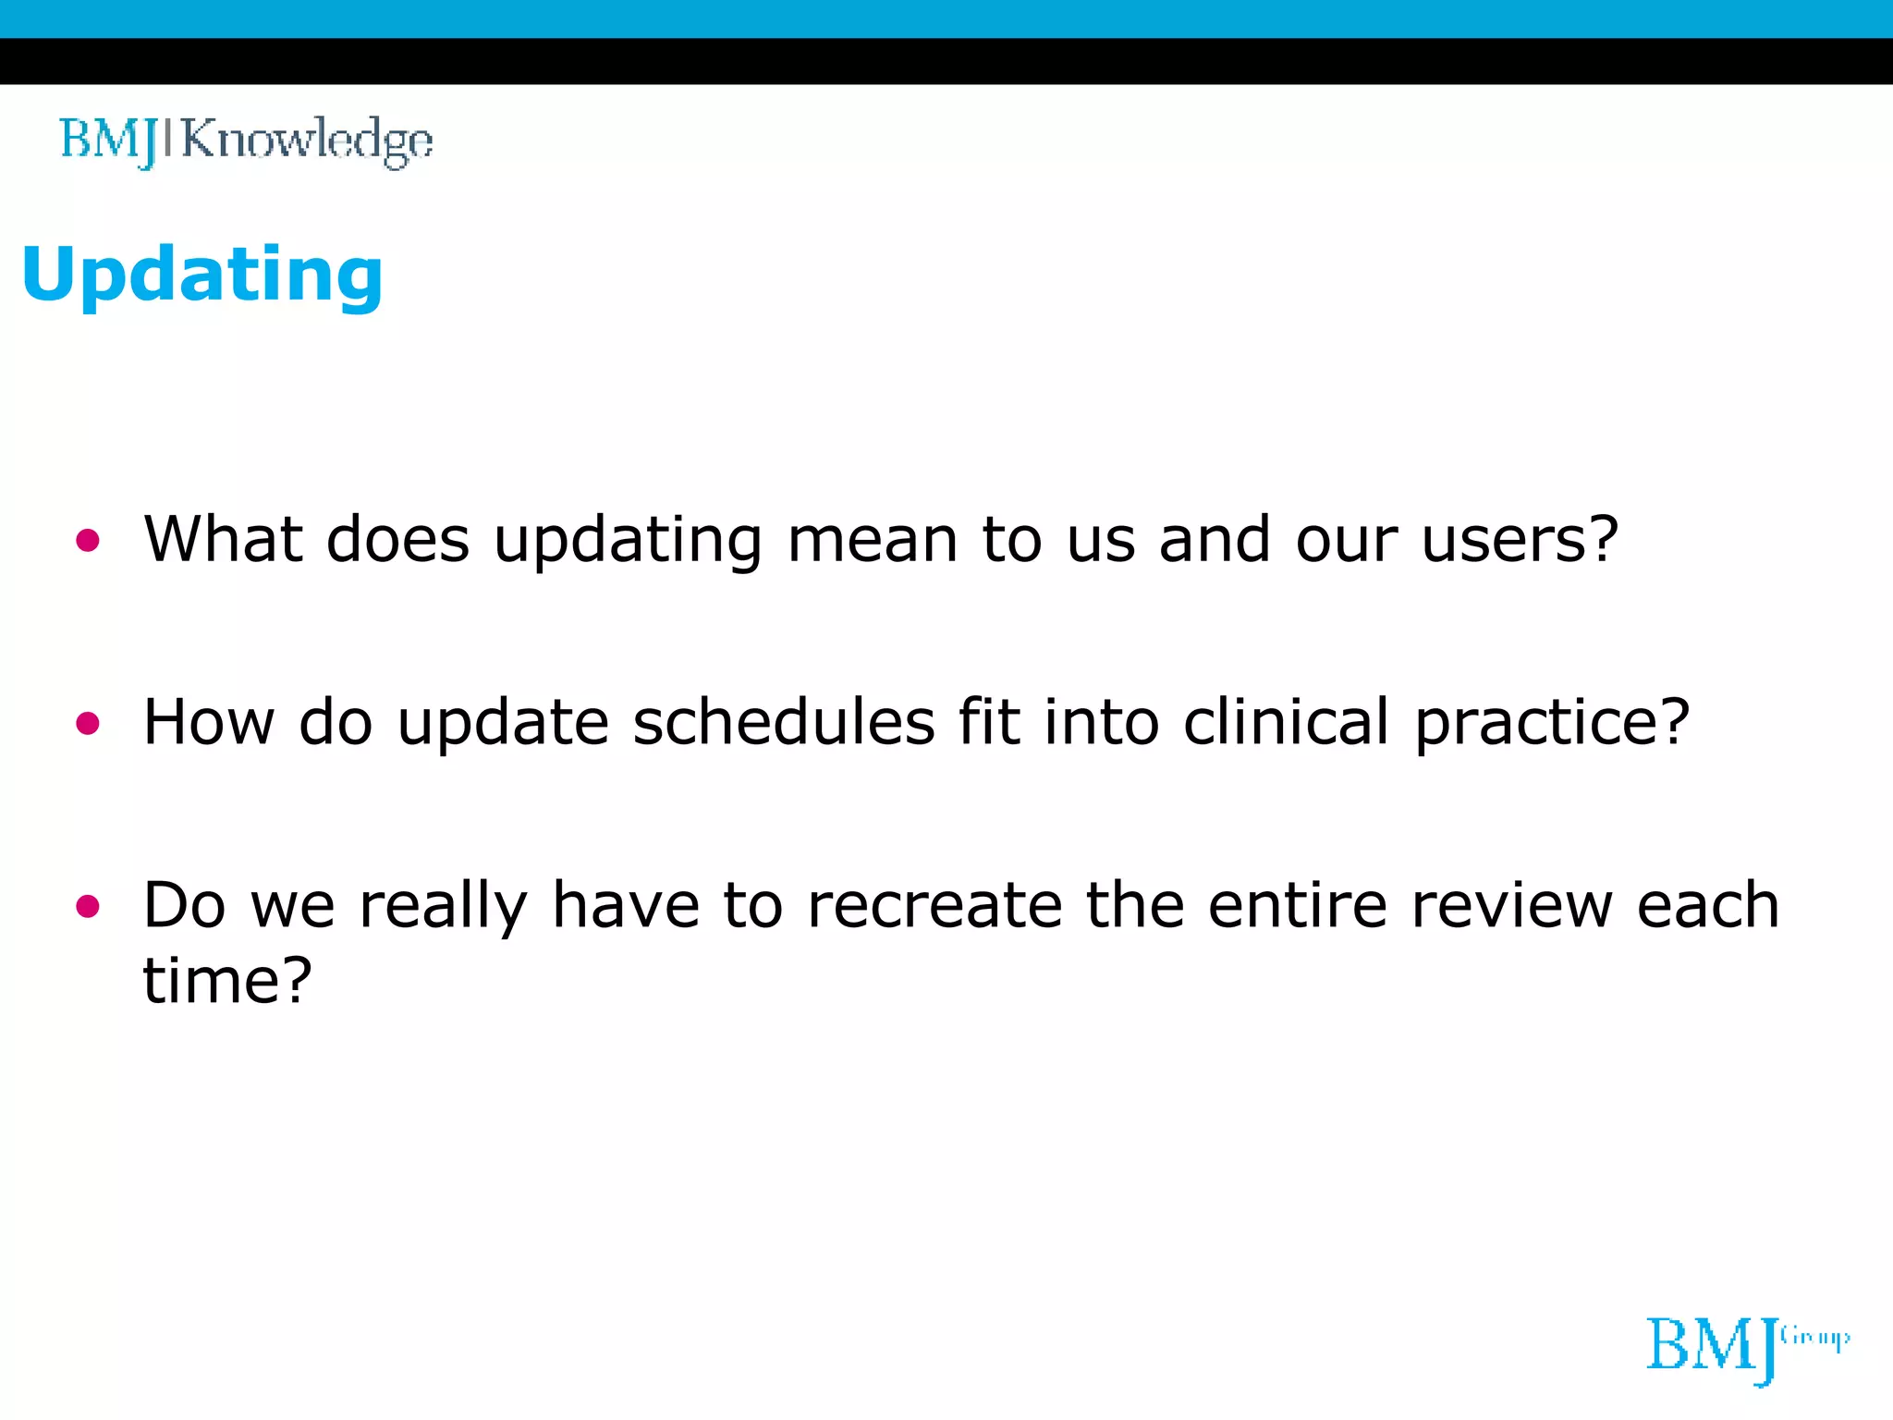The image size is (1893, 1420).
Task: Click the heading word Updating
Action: click(202, 275)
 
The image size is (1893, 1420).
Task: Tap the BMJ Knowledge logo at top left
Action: click(246, 141)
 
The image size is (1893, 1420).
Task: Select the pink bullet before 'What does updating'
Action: click(88, 541)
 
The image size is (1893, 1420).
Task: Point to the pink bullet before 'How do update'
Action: click(88, 724)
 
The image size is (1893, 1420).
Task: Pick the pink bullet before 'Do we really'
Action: click(88, 907)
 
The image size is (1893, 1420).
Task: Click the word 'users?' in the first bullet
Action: click(1520, 539)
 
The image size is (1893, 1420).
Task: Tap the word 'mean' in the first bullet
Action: click(872, 539)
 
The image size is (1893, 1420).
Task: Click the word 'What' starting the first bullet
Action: click(223, 539)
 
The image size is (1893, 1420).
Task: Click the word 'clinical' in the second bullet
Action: click(1286, 722)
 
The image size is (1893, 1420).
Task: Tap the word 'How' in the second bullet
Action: click(209, 722)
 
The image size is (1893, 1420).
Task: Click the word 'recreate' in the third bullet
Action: click(934, 905)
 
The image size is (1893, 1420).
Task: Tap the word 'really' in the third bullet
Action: click(443, 907)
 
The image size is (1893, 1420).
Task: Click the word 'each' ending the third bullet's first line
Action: click(1708, 905)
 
